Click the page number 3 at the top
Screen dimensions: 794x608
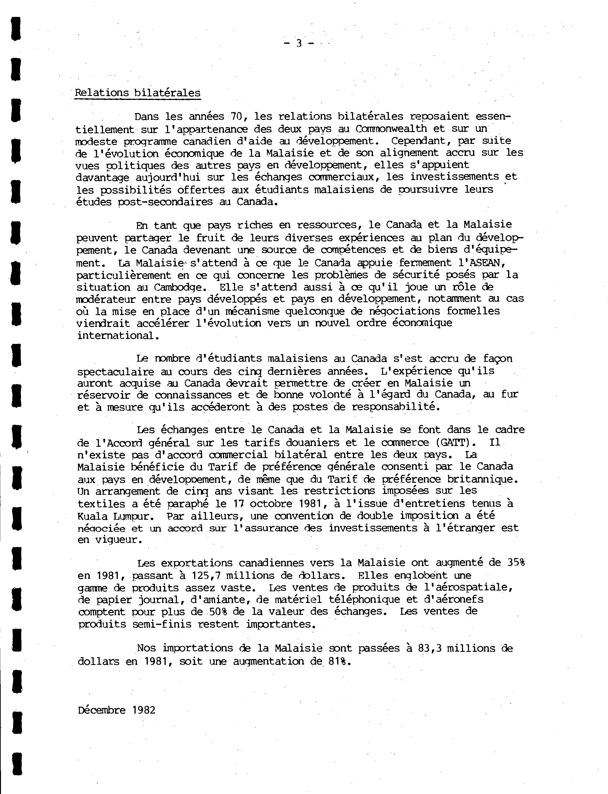click(299, 43)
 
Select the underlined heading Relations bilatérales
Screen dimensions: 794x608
click(138, 93)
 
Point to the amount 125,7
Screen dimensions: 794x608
click(207, 575)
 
